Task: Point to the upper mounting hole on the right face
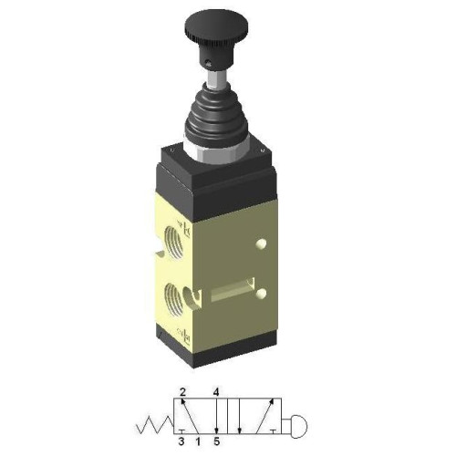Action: coord(264,244)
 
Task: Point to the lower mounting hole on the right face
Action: coord(264,294)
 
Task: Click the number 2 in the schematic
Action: coord(182,391)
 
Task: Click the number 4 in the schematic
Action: coord(216,391)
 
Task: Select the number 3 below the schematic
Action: coord(182,442)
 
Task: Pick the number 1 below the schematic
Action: coord(199,442)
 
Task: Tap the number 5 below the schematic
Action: coord(217,442)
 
